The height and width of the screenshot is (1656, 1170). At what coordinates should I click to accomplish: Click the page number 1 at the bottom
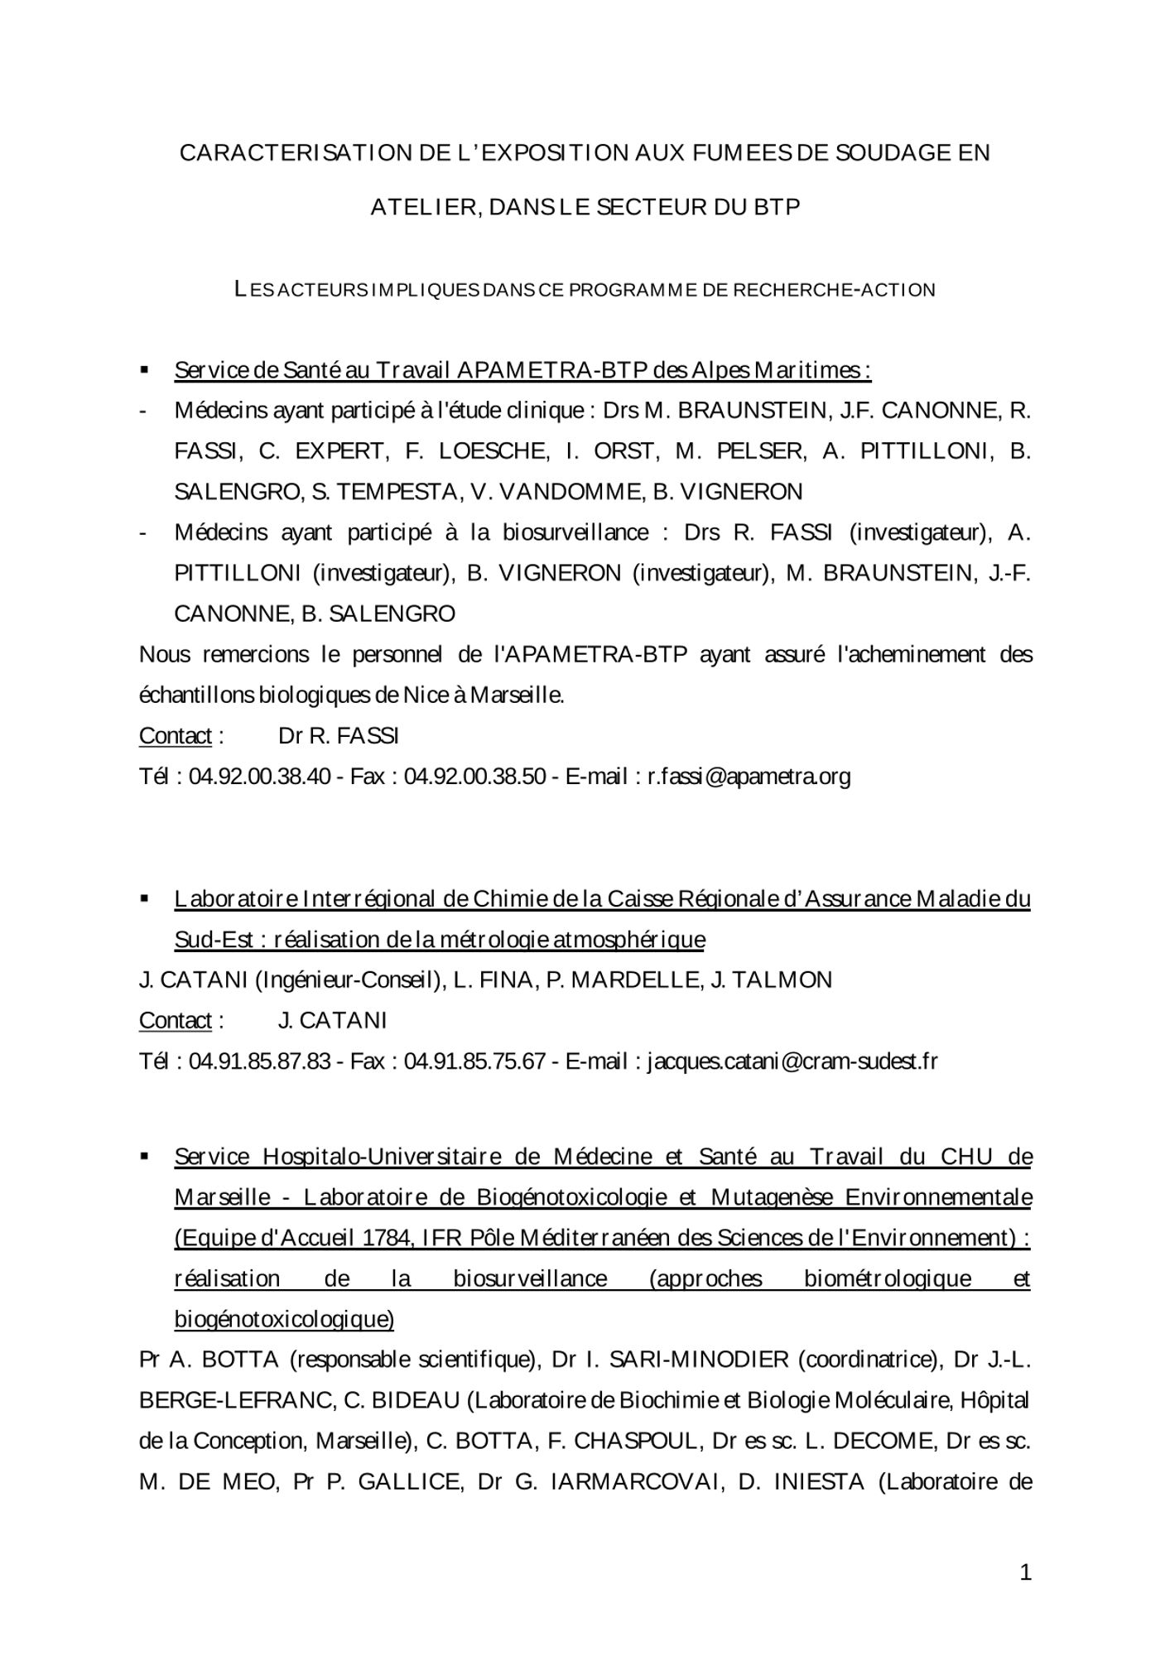click(x=1025, y=1572)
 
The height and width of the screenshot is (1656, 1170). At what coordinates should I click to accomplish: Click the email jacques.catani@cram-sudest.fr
click(x=792, y=1061)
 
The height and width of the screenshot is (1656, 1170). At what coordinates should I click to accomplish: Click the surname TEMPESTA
click(x=396, y=492)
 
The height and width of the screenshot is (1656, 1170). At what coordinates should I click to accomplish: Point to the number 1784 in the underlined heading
click(x=388, y=1238)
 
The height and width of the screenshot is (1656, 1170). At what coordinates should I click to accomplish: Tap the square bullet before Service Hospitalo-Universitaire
click(x=145, y=1156)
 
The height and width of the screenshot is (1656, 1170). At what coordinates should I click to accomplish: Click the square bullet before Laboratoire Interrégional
click(x=145, y=898)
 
